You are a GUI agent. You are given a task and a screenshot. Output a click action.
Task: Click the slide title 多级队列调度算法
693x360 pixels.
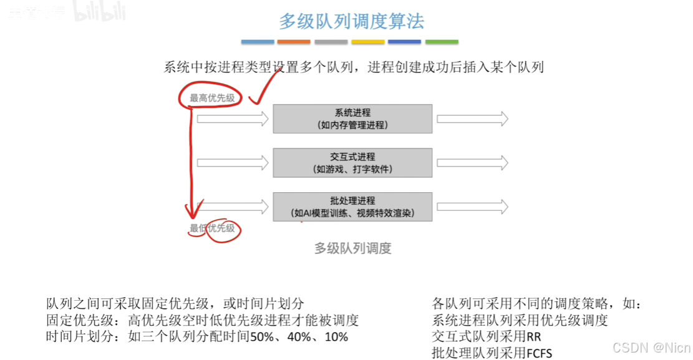coord(351,22)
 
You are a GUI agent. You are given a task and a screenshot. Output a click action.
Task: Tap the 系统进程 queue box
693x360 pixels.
coord(352,119)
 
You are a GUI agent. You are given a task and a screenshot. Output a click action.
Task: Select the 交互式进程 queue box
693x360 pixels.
coord(352,163)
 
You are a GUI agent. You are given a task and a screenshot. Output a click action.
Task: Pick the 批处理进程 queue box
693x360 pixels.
coord(352,207)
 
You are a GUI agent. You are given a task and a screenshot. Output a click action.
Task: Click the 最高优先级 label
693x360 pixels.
coord(212,98)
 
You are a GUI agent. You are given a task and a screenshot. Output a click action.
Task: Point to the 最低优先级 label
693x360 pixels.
coord(213,228)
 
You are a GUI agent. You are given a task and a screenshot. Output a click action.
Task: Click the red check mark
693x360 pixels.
coord(264,87)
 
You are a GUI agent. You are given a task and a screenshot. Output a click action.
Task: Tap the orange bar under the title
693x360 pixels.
coord(294,42)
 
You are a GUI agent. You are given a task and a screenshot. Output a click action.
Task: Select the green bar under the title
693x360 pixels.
coord(442,42)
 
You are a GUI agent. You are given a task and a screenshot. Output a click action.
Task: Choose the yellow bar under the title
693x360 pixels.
coord(367,42)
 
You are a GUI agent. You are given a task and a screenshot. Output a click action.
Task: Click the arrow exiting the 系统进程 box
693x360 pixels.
coord(472,119)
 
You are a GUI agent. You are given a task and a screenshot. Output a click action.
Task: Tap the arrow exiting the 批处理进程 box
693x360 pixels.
coord(472,207)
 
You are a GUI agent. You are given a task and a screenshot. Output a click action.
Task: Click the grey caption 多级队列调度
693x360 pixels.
coord(352,248)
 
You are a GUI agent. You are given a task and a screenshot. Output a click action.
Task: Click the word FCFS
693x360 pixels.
coord(539,353)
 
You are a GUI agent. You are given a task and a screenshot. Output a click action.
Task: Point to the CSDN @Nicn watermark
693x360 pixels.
coord(651,347)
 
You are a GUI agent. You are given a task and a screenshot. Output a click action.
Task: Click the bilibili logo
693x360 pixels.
coord(99,11)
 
